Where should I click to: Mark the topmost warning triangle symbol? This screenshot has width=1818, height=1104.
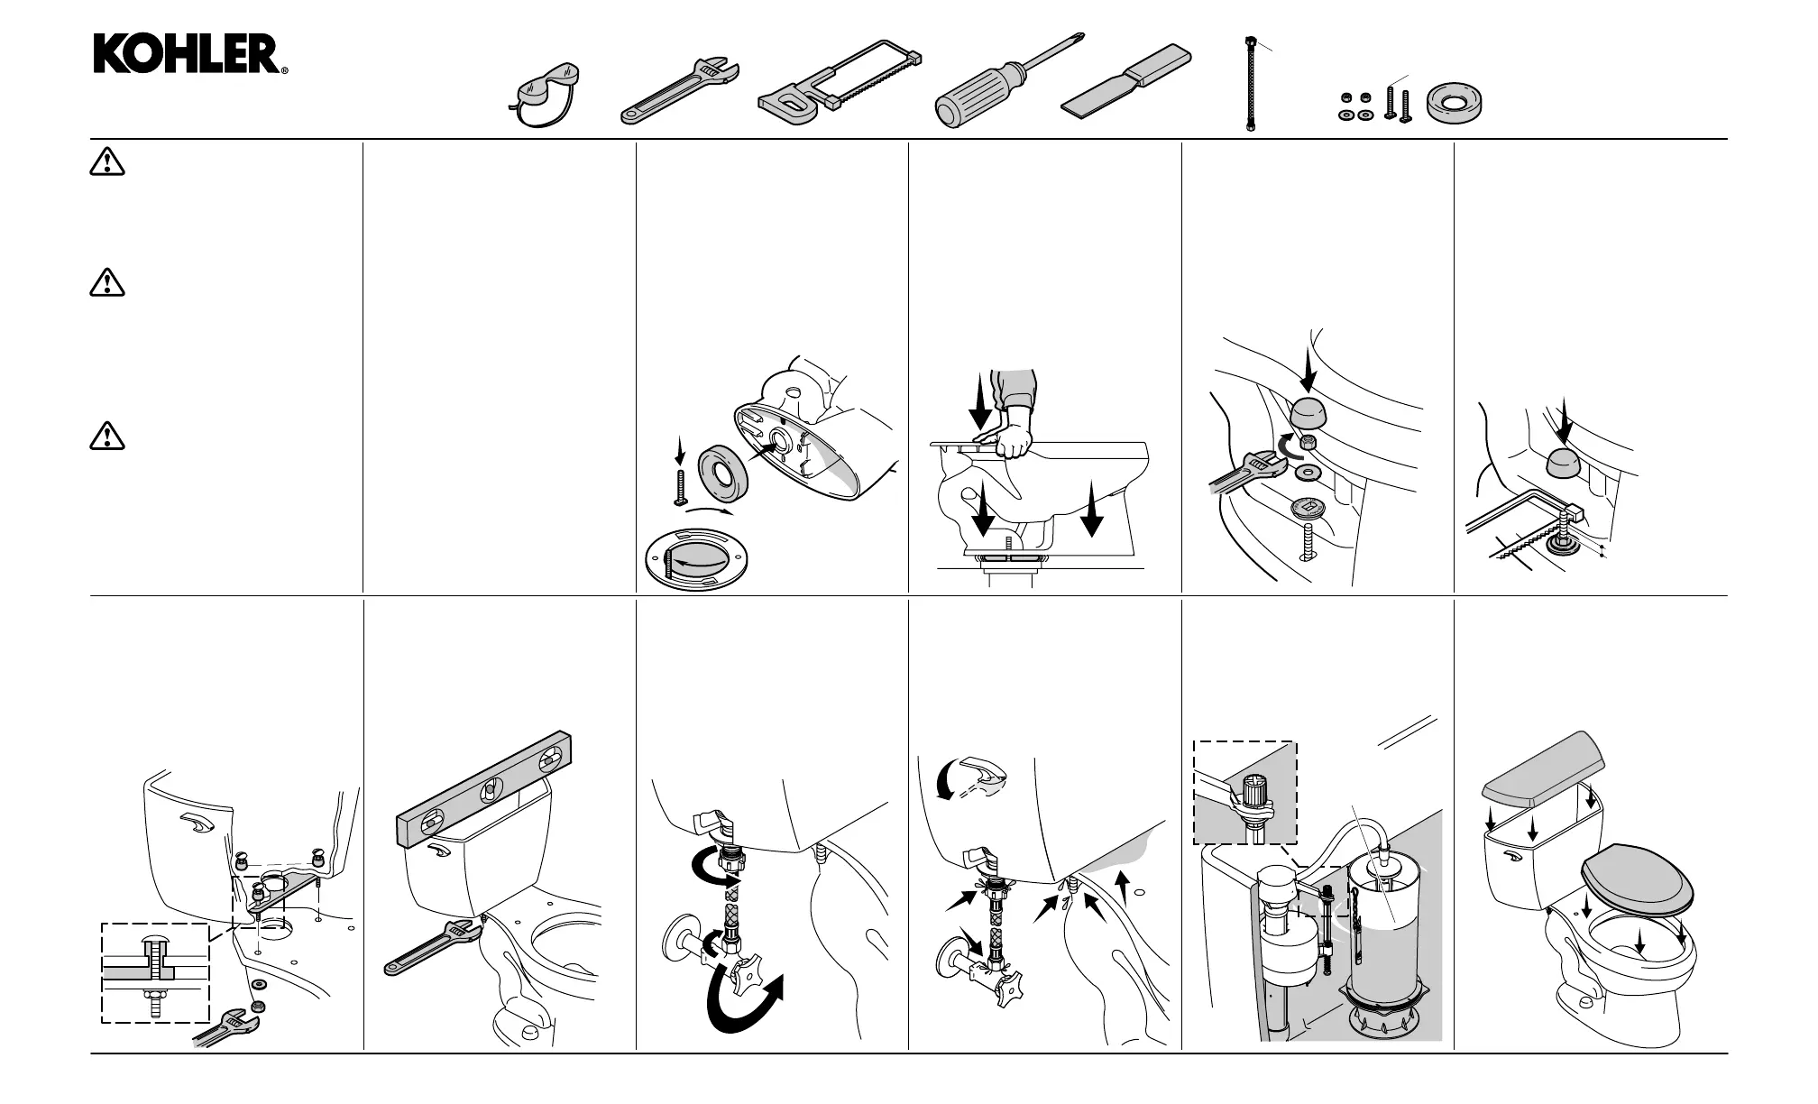107,162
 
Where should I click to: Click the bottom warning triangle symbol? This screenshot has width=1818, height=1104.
107,437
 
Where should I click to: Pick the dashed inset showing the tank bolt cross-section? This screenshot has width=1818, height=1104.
155,973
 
